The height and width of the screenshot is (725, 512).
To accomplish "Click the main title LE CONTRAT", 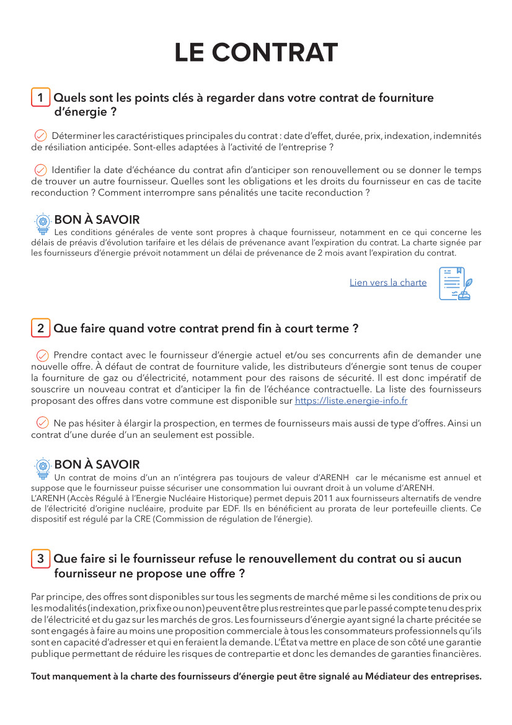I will click(x=256, y=53).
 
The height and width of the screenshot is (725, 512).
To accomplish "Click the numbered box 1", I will click(x=40, y=98).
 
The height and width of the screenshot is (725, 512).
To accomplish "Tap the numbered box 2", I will click(x=40, y=329).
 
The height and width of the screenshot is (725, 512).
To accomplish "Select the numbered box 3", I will click(x=40, y=559).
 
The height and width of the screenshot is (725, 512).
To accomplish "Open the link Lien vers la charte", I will click(x=388, y=283).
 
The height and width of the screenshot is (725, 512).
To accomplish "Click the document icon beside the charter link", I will click(x=455, y=284).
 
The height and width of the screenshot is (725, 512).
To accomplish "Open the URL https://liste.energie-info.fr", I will click(x=351, y=401).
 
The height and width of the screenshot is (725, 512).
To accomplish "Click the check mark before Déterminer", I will click(x=41, y=136).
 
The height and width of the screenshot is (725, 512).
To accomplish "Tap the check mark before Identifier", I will click(x=41, y=170).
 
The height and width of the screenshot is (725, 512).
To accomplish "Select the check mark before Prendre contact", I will click(x=43, y=355).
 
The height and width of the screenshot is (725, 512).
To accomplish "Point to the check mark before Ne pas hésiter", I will click(x=43, y=423).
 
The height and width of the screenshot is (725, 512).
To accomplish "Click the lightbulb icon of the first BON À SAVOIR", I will click(x=43, y=221).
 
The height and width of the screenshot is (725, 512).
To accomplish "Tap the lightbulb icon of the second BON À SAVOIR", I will click(x=43, y=466).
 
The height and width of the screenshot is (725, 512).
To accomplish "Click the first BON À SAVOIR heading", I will click(x=97, y=220).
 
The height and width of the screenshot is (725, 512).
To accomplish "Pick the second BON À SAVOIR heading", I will click(x=97, y=465).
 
